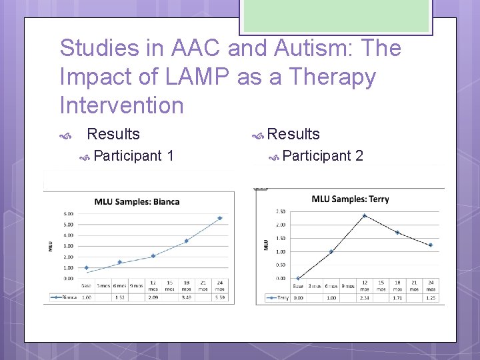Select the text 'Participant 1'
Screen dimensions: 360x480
[134, 156]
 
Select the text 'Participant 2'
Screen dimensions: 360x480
[322, 156]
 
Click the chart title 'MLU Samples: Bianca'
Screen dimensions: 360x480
[137, 201]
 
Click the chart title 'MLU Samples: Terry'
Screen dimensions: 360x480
[350, 199]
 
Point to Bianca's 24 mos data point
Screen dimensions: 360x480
[220, 218]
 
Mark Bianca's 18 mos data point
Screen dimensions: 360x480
[187, 241]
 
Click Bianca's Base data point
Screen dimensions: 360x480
[86, 267]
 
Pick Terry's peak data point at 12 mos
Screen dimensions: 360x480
[364, 215]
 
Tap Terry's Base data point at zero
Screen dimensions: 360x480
[297, 278]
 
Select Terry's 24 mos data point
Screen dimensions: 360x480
[431, 245]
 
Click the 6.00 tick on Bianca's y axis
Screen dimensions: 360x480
[69, 213]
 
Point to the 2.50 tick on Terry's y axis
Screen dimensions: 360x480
[279, 211]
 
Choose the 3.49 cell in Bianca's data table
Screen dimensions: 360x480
[187, 298]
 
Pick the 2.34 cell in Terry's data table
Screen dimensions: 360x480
[364, 298]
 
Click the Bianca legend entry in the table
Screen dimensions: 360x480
[62, 298]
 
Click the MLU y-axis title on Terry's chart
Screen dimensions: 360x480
[265, 244]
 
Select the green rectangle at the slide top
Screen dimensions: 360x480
[336, 15]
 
